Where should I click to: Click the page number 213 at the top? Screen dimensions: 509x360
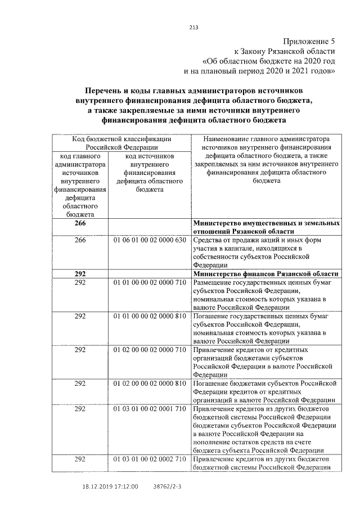[194, 27]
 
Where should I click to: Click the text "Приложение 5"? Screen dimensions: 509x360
[308, 42]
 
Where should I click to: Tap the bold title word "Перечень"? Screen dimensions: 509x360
[107, 90]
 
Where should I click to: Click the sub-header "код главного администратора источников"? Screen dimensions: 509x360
[80, 169]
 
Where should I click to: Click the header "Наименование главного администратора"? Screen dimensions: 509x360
[267, 139]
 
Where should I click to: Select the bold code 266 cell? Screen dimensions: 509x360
[80, 223]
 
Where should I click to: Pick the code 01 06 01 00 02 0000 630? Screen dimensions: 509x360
[149, 240]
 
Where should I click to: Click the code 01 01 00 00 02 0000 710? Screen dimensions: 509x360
[149, 282]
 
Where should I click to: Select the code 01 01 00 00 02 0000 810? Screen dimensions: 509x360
[149, 316]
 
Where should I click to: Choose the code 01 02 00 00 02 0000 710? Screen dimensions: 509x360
[149, 350]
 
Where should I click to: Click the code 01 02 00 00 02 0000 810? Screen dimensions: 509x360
[149, 384]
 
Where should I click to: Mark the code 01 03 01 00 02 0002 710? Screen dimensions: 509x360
[149, 460]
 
